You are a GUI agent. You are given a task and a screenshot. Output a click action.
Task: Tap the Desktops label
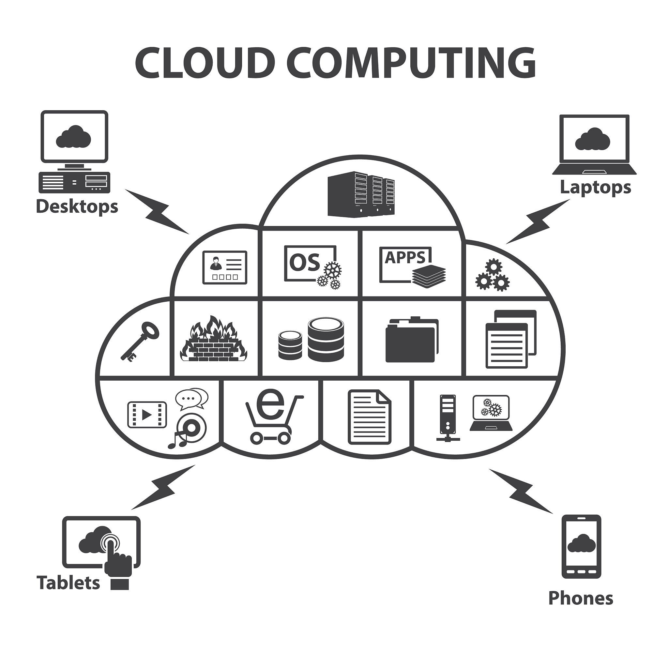77,207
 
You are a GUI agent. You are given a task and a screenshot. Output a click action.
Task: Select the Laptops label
595,188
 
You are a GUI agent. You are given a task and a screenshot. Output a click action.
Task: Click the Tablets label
68,583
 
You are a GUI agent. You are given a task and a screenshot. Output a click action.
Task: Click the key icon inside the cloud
140,341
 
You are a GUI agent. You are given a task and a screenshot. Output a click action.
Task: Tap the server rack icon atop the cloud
361,194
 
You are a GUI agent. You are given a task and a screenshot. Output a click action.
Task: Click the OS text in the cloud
304,263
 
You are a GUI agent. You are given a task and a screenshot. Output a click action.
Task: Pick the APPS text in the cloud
405,258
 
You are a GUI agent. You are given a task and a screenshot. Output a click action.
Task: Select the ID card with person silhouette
225,267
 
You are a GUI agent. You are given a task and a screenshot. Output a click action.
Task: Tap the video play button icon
147,415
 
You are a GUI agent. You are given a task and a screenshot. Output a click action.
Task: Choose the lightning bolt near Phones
521,491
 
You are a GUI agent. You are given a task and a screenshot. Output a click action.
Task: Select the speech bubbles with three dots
191,398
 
